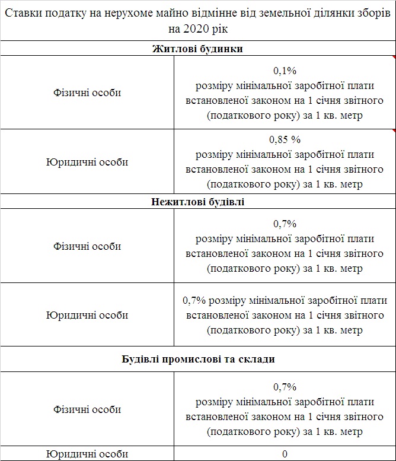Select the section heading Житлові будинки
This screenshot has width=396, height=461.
coord(197,49)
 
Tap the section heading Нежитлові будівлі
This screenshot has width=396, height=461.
coord(197,202)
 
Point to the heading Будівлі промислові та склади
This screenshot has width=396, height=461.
coord(197,359)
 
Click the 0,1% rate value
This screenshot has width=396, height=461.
coord(285,70)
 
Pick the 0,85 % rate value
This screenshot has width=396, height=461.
coord(285,140)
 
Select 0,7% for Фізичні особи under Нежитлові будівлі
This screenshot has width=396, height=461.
coord(285,224)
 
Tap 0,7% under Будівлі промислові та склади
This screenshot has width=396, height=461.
coord(285,387)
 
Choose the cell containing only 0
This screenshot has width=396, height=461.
coord(285,454)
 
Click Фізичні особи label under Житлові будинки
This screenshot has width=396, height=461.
coord(87,93)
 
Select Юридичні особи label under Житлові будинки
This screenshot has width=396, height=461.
coord(87,162)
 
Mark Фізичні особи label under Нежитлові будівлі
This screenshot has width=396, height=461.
coord(87,246)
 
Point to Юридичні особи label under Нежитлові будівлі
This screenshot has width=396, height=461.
coord(87,315)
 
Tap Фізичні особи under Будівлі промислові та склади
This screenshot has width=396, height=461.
coord(87,409)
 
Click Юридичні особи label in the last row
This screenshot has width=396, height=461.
coord(87,454)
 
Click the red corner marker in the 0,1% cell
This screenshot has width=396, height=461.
coord(394,58)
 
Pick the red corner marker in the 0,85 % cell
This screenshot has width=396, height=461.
coord(394,131)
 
